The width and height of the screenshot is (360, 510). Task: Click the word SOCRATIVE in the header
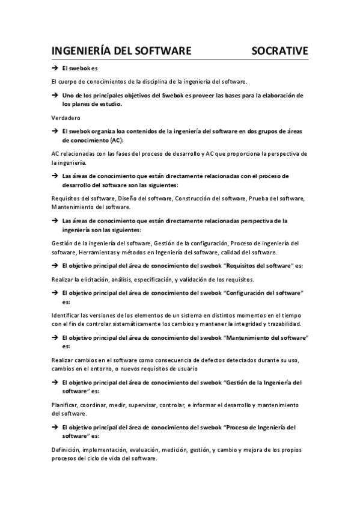pos(279,50)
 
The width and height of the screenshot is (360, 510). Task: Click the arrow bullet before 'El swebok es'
pos(54,69)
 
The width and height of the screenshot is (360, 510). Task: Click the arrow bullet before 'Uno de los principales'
pos(54,96)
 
